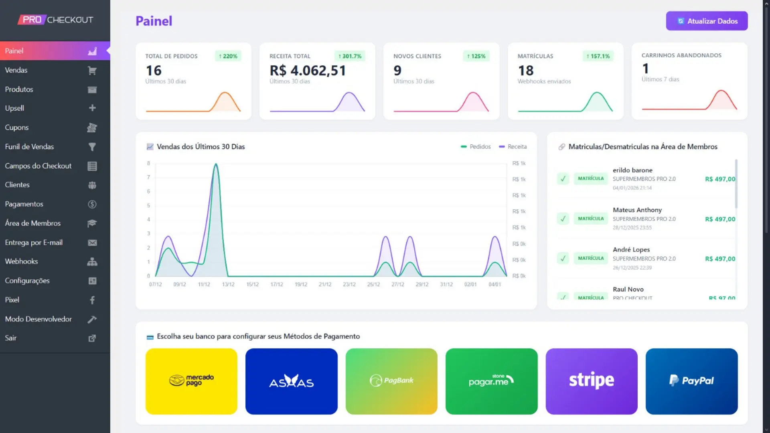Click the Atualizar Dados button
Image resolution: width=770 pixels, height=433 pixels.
[x=707, y=21]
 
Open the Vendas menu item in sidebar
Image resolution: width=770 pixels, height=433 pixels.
[x=16, y=70]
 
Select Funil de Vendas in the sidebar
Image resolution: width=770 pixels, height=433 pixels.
[x=29, y=147]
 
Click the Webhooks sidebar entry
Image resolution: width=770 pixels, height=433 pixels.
[x=21, y=261]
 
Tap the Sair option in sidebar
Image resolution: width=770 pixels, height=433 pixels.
[x=11, y=338]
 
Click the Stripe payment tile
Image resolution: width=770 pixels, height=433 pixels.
[x=591, y=381]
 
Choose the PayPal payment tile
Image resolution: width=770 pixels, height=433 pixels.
[x=691, y=381]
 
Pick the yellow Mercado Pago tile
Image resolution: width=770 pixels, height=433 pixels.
[x=191, y=381]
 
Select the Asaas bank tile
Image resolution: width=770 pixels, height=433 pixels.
[x=291, y=381]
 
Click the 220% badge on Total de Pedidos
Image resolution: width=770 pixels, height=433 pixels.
[x=228, y=56]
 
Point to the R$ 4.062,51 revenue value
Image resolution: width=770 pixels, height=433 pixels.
[x=308, y=71]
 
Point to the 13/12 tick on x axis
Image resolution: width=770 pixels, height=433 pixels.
[x=228, y=284]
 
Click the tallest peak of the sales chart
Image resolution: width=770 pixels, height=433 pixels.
[x=216, y=164]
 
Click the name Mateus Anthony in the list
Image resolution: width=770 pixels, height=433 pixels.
[x=637, y=210]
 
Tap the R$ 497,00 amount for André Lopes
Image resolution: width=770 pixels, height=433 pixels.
[x=720, y=259]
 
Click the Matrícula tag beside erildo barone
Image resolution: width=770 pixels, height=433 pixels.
[x=590, y=178]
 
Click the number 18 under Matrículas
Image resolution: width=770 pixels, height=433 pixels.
[x=526, y=71]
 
